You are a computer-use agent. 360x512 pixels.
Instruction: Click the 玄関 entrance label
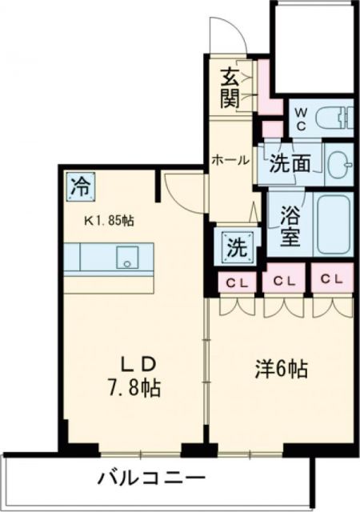point(230,90)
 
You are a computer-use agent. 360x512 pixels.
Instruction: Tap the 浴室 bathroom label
point(289,226)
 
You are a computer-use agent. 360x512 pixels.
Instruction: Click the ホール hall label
point(230,160)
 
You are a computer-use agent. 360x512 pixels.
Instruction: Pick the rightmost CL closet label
point(331,280)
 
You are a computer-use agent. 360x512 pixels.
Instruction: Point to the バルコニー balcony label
point(151,479)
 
